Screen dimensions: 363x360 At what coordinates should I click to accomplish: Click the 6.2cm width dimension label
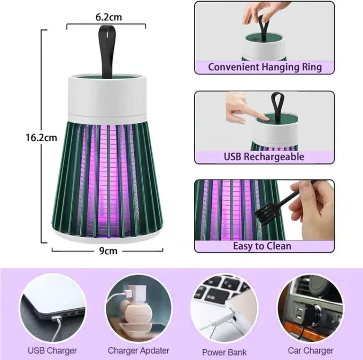[x=109, y=17]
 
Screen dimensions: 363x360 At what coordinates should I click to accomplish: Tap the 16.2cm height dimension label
[x=41, y=138]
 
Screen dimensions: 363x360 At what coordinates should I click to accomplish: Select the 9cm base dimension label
[x=108, y=251]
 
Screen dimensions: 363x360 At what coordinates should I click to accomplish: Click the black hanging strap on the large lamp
[x=107, y=51]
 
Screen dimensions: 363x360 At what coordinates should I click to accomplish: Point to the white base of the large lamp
[x=108, y=236]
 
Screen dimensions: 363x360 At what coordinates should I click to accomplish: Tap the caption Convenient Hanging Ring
[x=265, y=67]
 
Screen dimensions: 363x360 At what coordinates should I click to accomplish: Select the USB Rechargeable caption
[x=264, y=156]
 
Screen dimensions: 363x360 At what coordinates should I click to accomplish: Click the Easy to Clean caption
[x=262, y=246]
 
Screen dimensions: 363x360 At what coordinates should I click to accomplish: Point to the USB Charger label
[x=52, y=350]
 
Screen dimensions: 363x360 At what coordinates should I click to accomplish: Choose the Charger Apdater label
[x=138, y=350]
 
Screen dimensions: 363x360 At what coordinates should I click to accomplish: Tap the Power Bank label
[x=225, y=352]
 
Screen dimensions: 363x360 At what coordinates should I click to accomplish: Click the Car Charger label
[x=311, y=350]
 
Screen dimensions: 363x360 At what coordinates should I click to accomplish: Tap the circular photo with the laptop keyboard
[x=225, y=308]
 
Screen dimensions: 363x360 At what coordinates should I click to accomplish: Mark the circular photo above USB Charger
[x=53, y=308]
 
